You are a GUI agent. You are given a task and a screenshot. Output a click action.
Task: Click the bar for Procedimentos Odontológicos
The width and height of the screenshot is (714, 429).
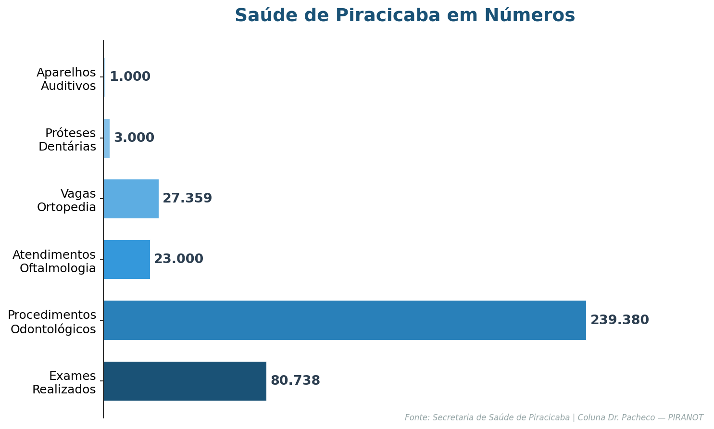(x=344, y=320)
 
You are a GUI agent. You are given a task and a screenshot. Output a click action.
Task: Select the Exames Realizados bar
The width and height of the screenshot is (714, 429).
(x=185, y=381)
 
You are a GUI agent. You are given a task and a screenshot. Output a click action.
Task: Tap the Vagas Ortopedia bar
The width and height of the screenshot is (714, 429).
(x=131, y=199)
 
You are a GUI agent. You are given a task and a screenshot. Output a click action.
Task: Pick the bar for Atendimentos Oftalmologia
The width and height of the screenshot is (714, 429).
(x=126, y=259)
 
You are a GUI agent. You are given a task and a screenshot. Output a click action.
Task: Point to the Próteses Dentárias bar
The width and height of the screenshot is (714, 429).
(x=106, y=138)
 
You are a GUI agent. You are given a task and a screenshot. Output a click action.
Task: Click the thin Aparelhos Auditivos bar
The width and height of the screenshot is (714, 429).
(x=104, y=77)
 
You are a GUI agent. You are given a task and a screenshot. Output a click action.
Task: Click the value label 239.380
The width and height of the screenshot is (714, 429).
(x=619, y=320)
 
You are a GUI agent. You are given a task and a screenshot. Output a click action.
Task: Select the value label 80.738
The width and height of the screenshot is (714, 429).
(x=295, y=381)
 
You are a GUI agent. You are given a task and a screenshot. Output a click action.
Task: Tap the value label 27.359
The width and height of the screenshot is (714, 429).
(x=187, y=199)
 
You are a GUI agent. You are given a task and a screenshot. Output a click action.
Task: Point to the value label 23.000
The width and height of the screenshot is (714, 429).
(x=178, y=259)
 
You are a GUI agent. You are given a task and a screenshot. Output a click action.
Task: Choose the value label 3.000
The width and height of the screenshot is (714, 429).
(x=134, y=138)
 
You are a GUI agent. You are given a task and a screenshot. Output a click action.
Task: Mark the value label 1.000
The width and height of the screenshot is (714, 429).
(x=130, y=77)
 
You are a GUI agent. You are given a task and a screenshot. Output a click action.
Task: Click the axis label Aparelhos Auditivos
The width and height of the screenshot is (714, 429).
(x=66, y=79)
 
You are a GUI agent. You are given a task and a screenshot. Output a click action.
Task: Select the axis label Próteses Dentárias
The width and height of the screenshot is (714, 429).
(x=67, y=140)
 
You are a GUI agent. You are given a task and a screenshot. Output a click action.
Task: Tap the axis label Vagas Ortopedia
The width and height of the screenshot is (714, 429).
(x=66, y=201)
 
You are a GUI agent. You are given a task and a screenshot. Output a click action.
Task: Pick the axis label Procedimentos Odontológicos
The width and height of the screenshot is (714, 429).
(x=52, y=322)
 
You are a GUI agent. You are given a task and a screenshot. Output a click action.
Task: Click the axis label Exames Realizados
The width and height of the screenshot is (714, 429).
(x=64, y=383)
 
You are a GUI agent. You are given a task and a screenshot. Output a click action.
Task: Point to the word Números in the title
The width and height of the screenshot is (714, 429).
(x=529, y=15)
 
